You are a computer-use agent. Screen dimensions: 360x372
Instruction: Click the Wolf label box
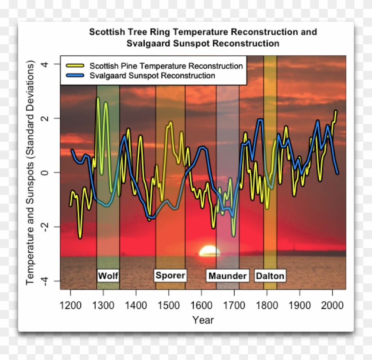108,276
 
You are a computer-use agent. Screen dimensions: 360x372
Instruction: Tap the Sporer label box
170,275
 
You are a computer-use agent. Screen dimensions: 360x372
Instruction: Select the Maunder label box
227,276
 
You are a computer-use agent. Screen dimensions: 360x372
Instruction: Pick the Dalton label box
270,276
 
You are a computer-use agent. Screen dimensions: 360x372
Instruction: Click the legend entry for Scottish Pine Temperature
166,66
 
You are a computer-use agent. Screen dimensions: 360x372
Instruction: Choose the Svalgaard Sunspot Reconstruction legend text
152,76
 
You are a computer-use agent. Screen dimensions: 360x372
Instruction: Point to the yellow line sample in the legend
75,66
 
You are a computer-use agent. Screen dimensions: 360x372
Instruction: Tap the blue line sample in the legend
75,76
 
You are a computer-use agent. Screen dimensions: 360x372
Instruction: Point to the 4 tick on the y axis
45,64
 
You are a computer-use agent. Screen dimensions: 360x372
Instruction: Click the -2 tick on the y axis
45,227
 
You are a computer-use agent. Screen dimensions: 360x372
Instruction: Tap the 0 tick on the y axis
45,173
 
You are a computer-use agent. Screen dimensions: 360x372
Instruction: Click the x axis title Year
203,320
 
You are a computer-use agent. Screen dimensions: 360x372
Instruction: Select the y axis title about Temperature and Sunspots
30,173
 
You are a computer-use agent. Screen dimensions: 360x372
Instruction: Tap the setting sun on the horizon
209,252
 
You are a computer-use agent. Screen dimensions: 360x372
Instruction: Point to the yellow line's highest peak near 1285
98,98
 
